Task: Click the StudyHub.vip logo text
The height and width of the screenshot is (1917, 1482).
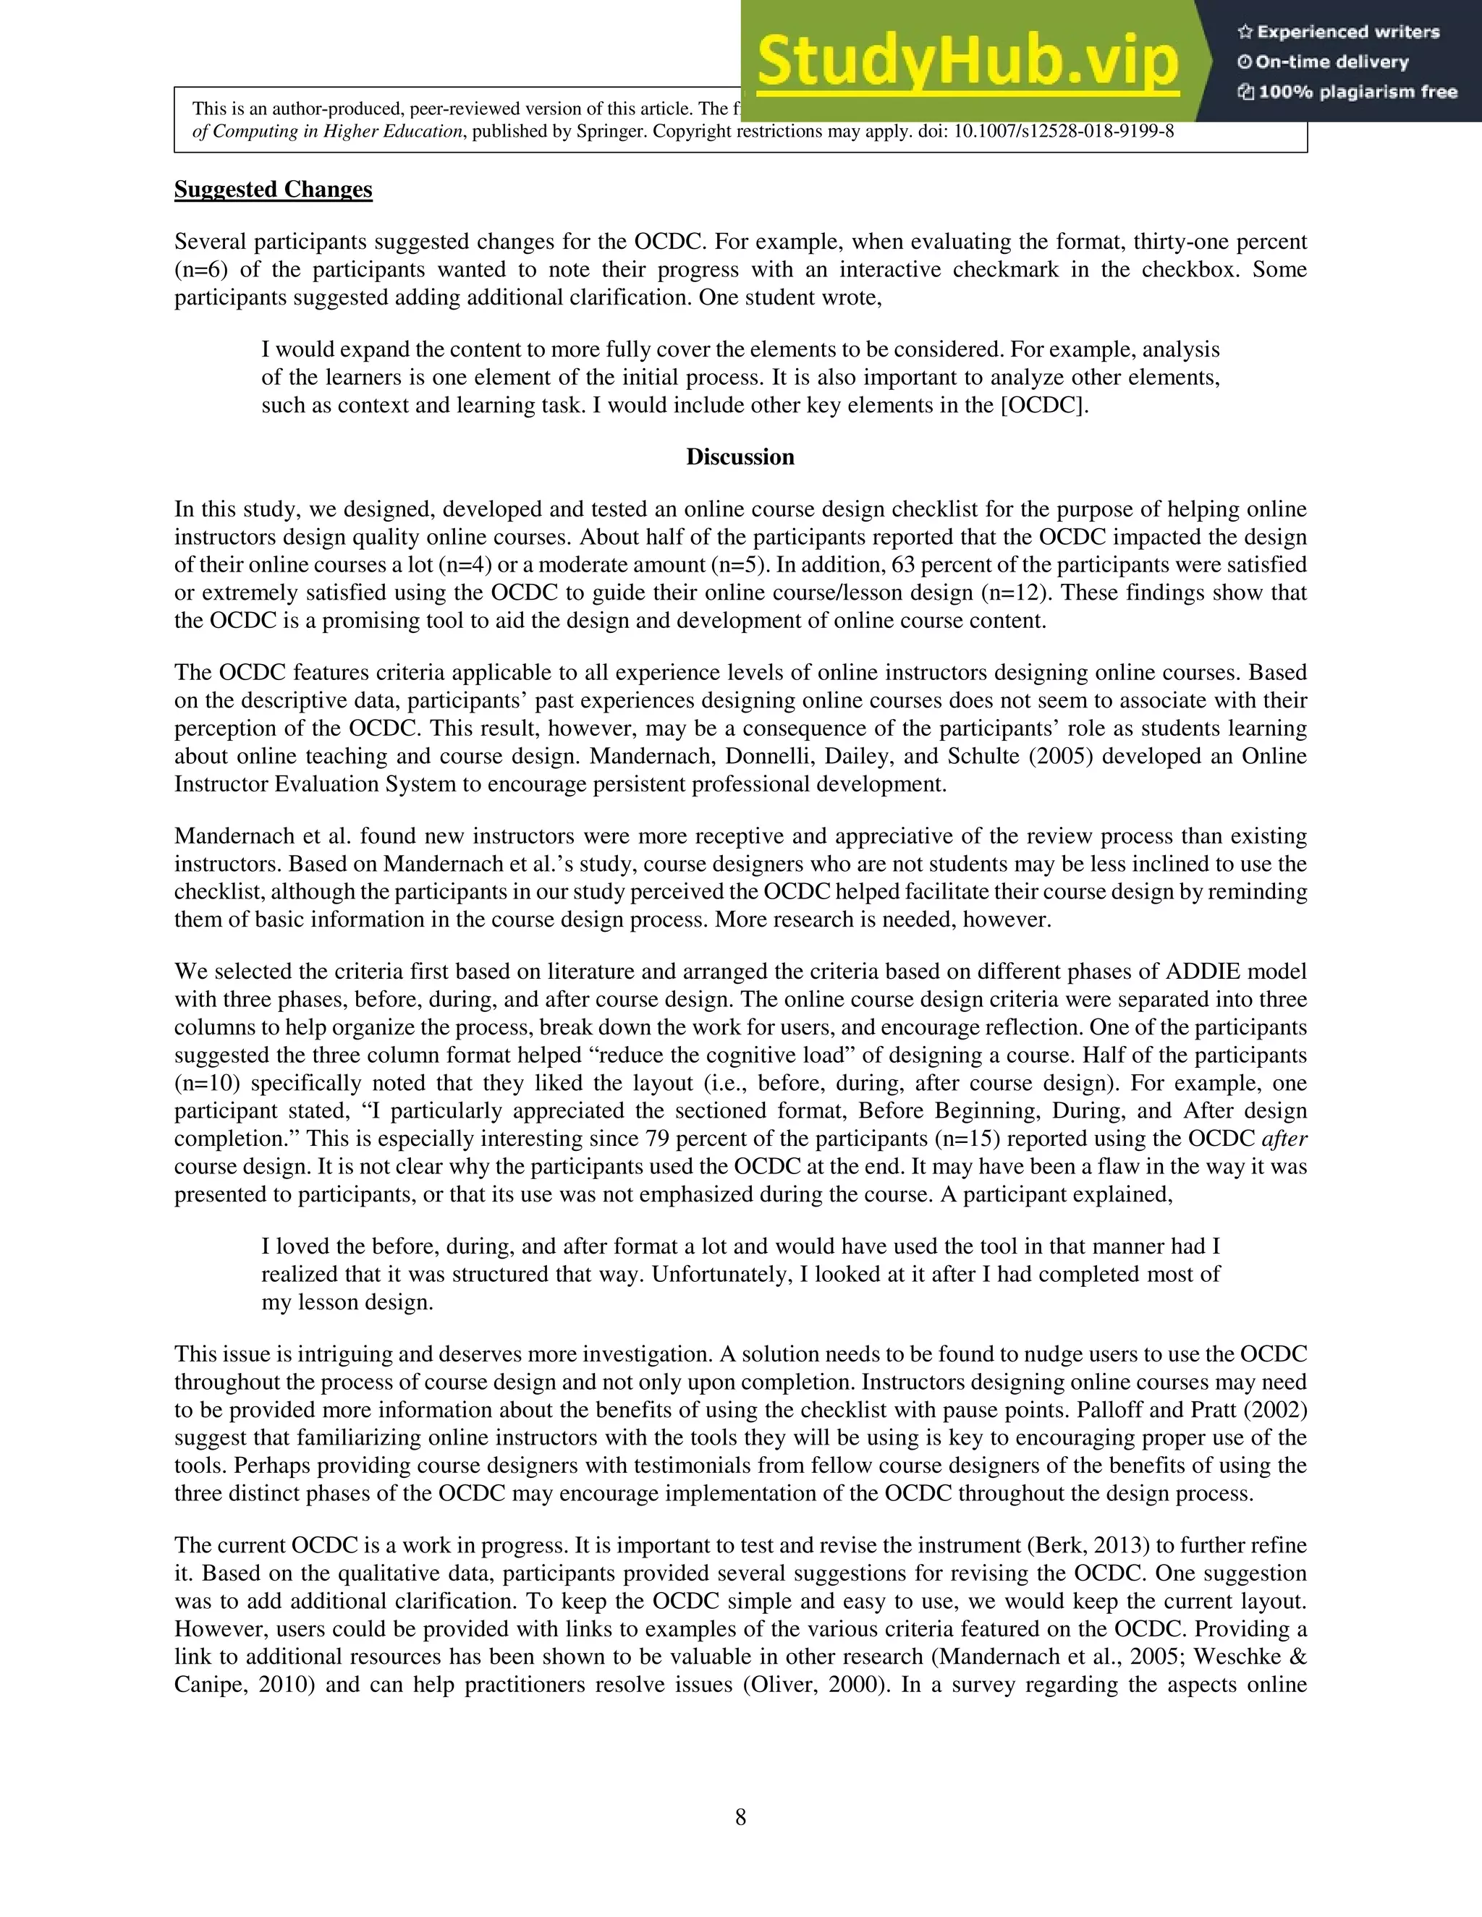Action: click(967, 61)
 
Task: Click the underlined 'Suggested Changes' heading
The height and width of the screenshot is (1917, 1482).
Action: click(273, 190)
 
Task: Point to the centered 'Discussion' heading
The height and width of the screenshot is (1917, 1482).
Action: click(740, 457)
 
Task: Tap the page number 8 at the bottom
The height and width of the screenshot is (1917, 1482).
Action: click(740, 1817)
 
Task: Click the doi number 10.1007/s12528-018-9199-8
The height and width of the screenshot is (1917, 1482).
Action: click(1063, 132)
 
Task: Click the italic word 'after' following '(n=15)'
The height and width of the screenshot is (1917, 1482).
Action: click(1284, 1139)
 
